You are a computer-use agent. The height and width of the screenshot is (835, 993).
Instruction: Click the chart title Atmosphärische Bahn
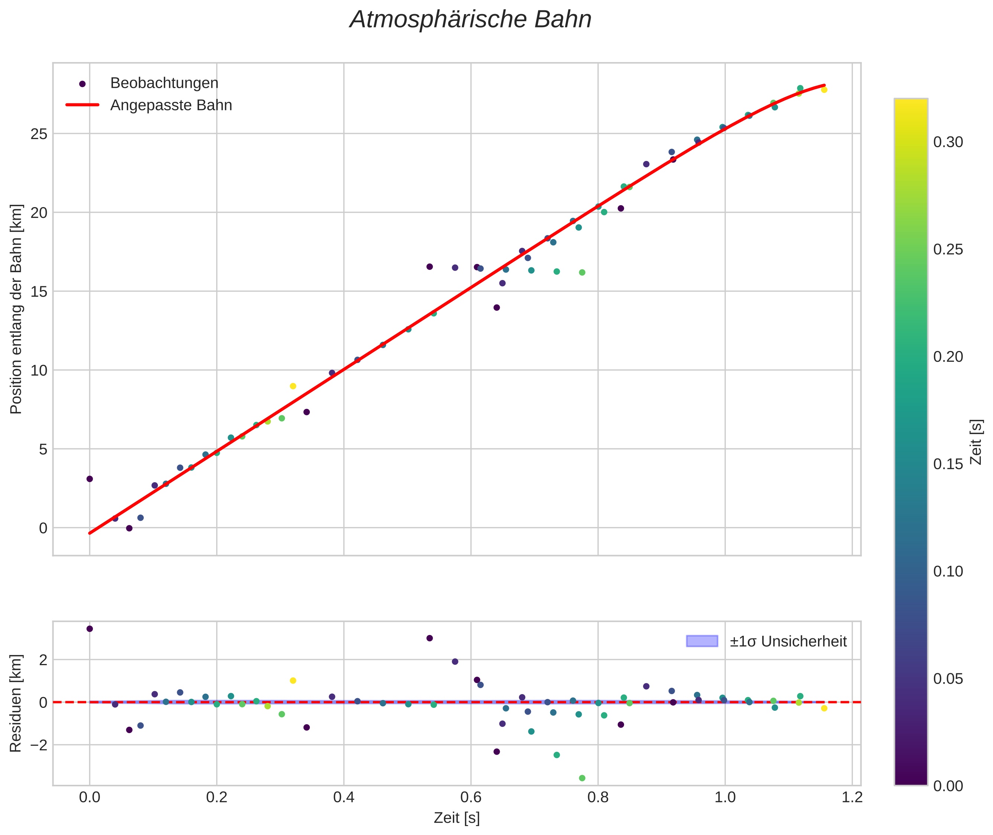(x=470, y=20)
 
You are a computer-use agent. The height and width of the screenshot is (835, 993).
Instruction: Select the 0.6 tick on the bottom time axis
(x=471, y=797)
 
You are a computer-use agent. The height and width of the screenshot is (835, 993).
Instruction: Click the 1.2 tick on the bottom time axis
(x=852, y=797)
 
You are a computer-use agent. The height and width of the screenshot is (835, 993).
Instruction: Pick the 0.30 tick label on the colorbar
(x=948, y=142)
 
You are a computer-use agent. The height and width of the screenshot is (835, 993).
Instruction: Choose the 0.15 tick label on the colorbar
(x=948, y=464)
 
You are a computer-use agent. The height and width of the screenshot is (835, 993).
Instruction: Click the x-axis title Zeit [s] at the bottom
(x=457, y=818)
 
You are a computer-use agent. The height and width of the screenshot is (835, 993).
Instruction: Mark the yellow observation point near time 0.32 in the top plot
(x=293, y=386)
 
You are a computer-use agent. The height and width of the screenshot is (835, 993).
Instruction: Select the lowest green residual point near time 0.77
(x=582, y=778)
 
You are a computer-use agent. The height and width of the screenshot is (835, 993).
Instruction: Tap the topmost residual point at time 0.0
(x=90, y=629)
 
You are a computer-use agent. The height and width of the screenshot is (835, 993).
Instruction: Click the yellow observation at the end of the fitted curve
(x=824, y=90)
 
